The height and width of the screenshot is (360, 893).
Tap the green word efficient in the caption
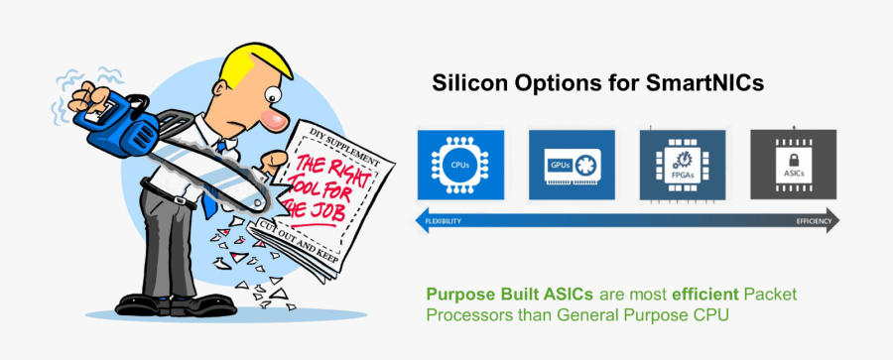(704, 295)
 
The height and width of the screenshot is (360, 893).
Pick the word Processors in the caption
(469, 315)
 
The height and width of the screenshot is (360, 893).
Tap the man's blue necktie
(210, 188)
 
